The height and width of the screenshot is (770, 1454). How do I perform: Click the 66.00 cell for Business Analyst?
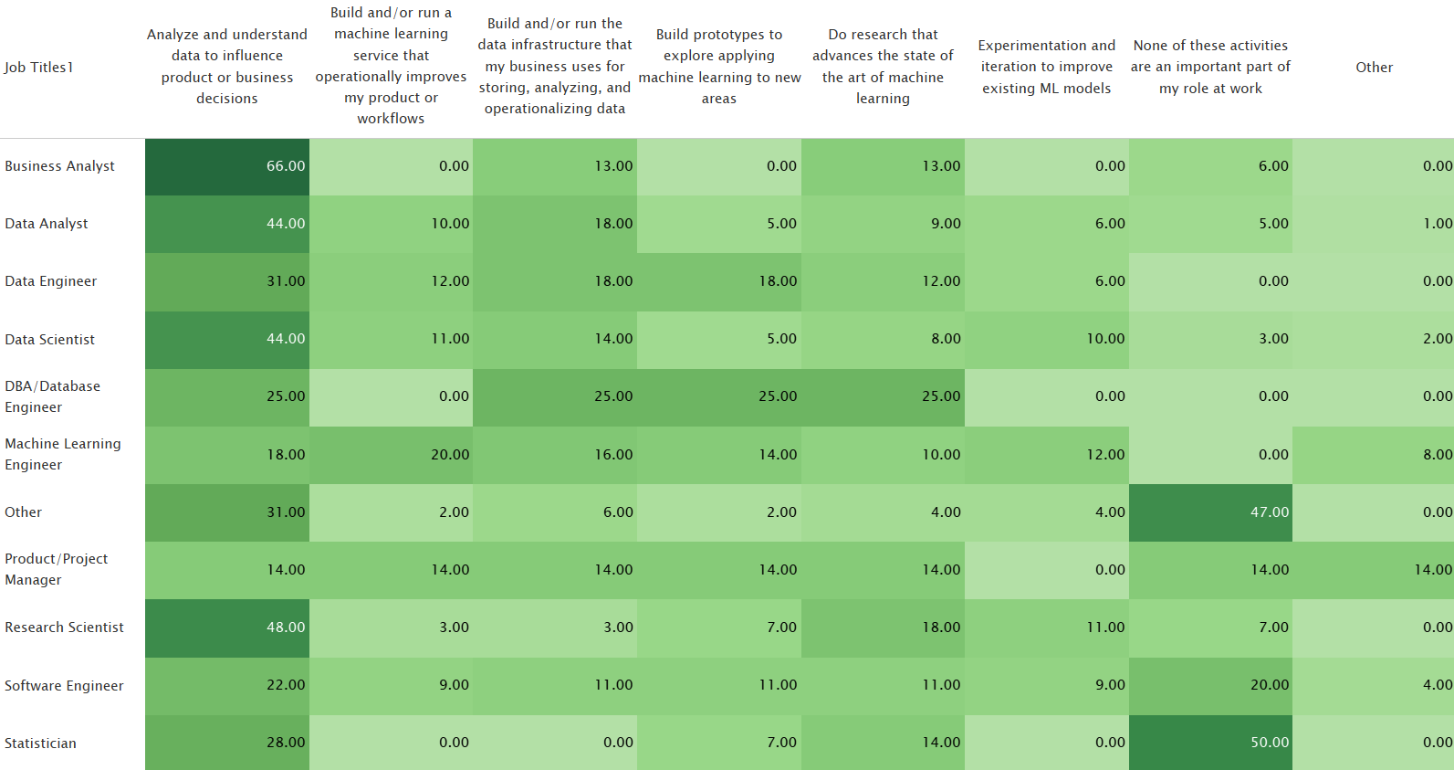[x=227, y=167]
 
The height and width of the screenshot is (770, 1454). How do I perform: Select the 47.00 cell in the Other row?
[x=1210, y=512]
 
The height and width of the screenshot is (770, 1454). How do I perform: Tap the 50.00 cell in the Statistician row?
[x=1210, y=743]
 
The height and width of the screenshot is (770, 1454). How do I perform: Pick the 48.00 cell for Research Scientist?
[x=227, y=628]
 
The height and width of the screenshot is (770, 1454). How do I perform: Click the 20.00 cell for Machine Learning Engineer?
[x=392, y=455]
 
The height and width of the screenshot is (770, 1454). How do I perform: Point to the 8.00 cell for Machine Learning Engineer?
[x=1373, y=455]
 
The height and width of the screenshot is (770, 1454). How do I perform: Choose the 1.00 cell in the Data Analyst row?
[x=1373, y=224]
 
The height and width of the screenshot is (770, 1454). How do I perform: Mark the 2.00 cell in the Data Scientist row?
[x=1373, y=340]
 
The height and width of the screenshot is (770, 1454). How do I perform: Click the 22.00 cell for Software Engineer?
[x=227, y=686]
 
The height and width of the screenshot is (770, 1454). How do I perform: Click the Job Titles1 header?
[x=39, y=67]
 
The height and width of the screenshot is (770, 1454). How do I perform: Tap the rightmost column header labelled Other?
[x=1375, y=67]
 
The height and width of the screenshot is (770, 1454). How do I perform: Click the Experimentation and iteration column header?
[x=1046, y=67]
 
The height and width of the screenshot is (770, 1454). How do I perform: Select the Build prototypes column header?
[x=719, y=67]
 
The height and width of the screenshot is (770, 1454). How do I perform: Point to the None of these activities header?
[x=1210, y=67]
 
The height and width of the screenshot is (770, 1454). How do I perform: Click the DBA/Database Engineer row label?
[x=53, y=396]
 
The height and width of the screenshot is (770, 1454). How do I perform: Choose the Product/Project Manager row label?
[x=56, y=569]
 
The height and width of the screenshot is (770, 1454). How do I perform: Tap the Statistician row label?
[x=40, y=743]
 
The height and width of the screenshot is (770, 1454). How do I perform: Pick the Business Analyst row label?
[x=59, y=166]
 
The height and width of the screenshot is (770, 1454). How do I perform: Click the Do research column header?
[x=883, y=67]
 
